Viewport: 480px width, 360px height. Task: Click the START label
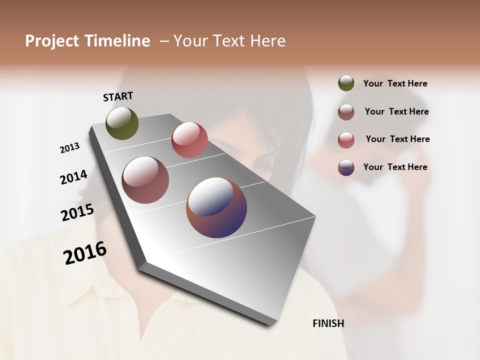coord(118,96)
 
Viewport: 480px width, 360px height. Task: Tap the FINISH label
coord(328,323)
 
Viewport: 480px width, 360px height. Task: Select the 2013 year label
coord(69,148)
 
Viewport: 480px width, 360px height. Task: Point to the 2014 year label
coord(73,177)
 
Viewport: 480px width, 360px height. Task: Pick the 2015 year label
coord(77,212)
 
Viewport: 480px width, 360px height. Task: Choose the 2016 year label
coord(85,253)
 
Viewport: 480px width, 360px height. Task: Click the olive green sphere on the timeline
coord(122,123)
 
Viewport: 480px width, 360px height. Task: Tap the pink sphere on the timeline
coord(189,140)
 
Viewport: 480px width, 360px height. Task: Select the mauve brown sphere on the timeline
coord(145,180)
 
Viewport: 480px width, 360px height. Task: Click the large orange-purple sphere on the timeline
coord(216,207)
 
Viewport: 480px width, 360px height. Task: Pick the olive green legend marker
coord(346,83)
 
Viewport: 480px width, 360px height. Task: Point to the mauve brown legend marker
coord(346,112)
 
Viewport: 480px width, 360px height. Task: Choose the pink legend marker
coord(346,139)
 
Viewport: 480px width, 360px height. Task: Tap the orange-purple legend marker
coord(346,167)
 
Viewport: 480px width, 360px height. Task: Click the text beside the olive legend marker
coord(395,84)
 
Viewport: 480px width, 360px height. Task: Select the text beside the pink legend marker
coord(397,139)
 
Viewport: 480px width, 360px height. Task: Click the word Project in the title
coord(51,41)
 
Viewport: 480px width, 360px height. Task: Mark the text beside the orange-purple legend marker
coord(395,167)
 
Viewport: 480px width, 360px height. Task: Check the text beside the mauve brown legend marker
coord(396,111)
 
